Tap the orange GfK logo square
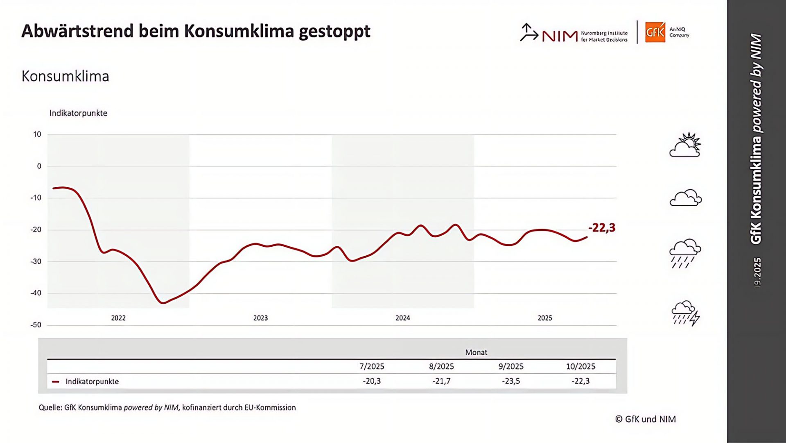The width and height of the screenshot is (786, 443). (655, 32)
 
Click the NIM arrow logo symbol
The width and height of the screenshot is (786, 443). (529, 32)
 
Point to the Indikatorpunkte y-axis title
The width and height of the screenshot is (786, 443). (78, 113)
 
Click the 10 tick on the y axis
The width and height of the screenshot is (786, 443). (37, 134)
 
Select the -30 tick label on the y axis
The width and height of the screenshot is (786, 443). (36, 261)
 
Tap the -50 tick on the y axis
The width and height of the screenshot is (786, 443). (36, 325)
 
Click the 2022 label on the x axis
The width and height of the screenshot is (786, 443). (118, 318)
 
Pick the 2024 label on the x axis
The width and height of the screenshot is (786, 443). (402, 318)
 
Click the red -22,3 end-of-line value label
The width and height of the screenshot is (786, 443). (601, 228)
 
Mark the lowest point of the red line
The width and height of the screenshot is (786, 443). (163, 303)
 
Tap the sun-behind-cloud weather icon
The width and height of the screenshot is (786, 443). (685, 145)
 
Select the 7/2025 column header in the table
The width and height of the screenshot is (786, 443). (372, 366)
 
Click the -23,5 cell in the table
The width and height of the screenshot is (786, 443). (511, 381)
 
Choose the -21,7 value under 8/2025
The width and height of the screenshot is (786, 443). (441, 381)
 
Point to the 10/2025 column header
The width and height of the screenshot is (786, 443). (580, 366)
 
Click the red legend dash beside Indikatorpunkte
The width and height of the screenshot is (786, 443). (56, 382)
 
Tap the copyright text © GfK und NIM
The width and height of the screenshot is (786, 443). (645, 419)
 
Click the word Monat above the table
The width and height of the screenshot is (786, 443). (476, 352)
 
